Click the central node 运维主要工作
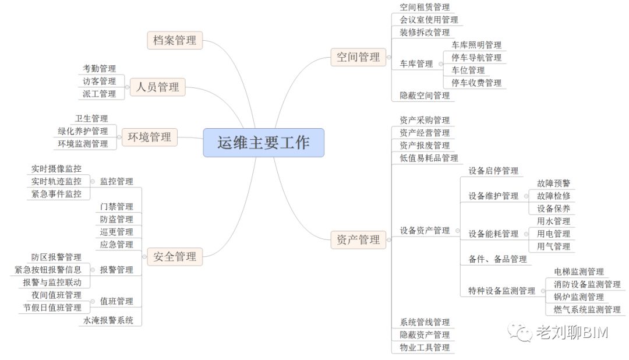pos(264,143)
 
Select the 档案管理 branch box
pos(175,40)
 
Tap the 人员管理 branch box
pos(158,87)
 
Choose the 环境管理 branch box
pos(149,137)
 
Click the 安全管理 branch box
pos(175,256)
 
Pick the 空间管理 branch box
pos(358,57)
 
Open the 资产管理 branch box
pos(358,239)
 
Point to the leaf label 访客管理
pos(99,81)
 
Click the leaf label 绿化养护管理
pos(83,131)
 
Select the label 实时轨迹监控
pos(56,181)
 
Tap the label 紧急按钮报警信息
pos(48,270)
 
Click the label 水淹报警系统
pos(108,320)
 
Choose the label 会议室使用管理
pos(429,20)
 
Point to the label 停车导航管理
pos(476,58)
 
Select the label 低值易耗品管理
pos(429,158)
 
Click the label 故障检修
pos(554,196)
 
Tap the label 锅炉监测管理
pos(579,297)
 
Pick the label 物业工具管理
pos(425,348)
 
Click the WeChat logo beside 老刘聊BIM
pos(520,332)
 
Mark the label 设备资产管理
pos(425,230)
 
